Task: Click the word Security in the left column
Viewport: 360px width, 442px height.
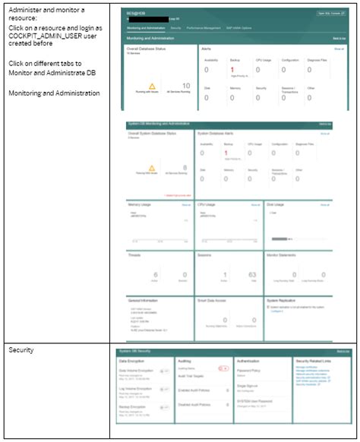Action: click(x=21, y=350)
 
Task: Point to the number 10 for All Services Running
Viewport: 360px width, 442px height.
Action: click(x=186, y=87)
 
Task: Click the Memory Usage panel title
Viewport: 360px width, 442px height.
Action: click(x=140, y=204)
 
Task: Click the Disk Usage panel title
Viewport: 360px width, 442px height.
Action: click(x=275, y=204)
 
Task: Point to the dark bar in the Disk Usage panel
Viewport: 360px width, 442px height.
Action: click(x=279, y=238)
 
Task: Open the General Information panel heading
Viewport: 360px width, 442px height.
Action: click(x=144, y=301)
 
